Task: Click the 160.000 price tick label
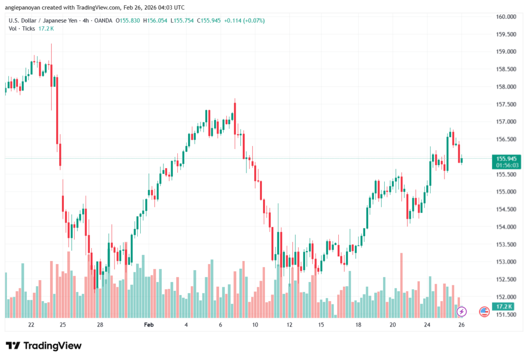pyautogui.click(x=506, y=17)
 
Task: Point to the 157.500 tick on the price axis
pyautogui.click(x=506, y=104)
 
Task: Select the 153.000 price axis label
pyautogui.click(x=506, y=262)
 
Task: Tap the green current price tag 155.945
pyautogui.click(x=506, y=158)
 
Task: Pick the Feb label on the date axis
pyautogui.click(x=149, y=325)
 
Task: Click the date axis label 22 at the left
pyautogui.click(x=31, y=325)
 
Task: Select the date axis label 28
pyautogui.click(x=100, y=325)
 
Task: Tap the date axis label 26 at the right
pyautogui.click(x=461, y=325)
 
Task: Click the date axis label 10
pyautogui.click(x=255, y=325)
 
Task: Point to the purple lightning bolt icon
pyautogui.click(x=462, y=312)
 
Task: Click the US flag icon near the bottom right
pyautogui.click(x=484, y=312)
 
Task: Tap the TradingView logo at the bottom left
pyautogui.click(x=43, y=346)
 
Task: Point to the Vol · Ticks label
pyautogui.click(x=21, y=28)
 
